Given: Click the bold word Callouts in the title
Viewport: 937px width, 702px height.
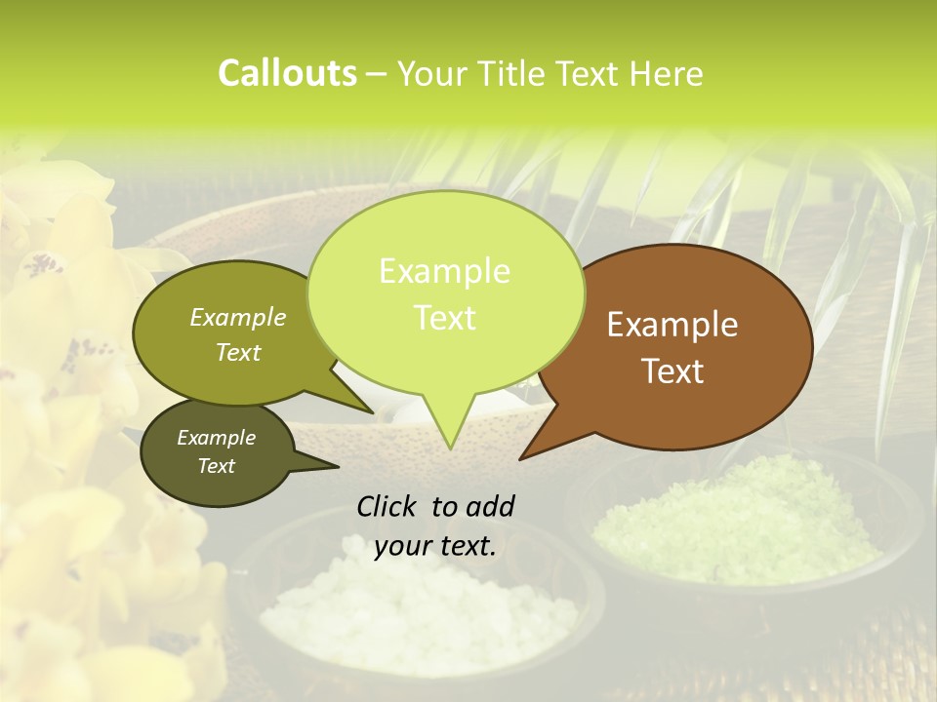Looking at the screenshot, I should click(287, 73).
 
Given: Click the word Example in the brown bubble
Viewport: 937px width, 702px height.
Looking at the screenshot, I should click(672, 325).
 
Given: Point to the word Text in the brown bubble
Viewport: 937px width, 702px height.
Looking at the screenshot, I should click(673, 370).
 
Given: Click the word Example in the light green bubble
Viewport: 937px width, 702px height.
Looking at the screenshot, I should click(444, 271).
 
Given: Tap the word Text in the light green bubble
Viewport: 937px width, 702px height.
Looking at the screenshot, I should click(445, 318).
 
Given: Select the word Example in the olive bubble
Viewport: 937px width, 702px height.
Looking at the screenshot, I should click(238, 317).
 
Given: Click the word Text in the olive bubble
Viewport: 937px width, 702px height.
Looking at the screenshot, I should click(238, 352).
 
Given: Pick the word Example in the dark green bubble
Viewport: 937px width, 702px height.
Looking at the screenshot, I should click(216, 438).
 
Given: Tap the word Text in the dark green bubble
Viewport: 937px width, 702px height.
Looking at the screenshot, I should click(216, 466).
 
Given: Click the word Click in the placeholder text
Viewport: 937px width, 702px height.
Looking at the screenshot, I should click(387, 506).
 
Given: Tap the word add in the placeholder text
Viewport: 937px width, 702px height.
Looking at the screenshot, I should click(490, 506).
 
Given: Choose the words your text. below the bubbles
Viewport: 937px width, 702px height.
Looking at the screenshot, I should click(435, 546).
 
